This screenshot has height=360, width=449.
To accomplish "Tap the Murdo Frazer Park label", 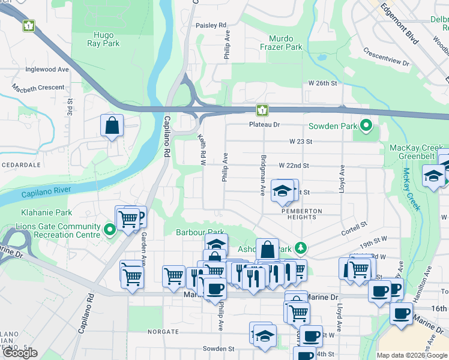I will pyautogui.click(x=282, y=43).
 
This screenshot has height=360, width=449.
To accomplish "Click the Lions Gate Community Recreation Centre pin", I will pyautogui.click(x=109, y=230).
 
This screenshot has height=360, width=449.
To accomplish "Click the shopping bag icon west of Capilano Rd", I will pyautogui.click(x=112, y=126).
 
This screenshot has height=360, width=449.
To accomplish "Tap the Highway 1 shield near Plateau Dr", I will pyautogui.click(x=262, y=110).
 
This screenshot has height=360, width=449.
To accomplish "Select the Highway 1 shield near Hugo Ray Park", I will pyautogui.click(x=29, y=26).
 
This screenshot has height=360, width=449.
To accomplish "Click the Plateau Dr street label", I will pyautogui.click(x=265, y=125).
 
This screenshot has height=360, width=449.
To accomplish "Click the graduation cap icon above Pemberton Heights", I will pyautogui.click(x=282, y=191).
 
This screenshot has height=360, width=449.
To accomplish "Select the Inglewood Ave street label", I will pyautogui.click(x=47, y=70).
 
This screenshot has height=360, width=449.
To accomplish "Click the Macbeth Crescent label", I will pyautogui.click(x=38, y=88).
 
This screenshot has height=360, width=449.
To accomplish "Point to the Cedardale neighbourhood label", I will pyautogui.click(x=20, y=164).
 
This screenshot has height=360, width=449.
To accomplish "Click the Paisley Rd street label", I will pyautogui.click(x=211, y=25).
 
